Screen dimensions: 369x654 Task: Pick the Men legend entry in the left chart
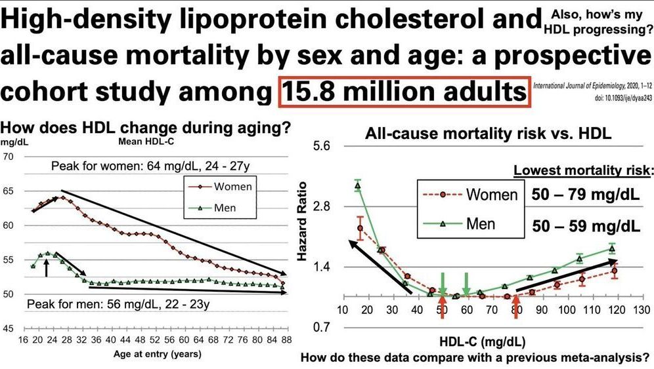coord(220,208)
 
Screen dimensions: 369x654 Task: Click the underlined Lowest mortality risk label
coord(583,171)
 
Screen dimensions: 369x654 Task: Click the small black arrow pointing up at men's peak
coord(47,266)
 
